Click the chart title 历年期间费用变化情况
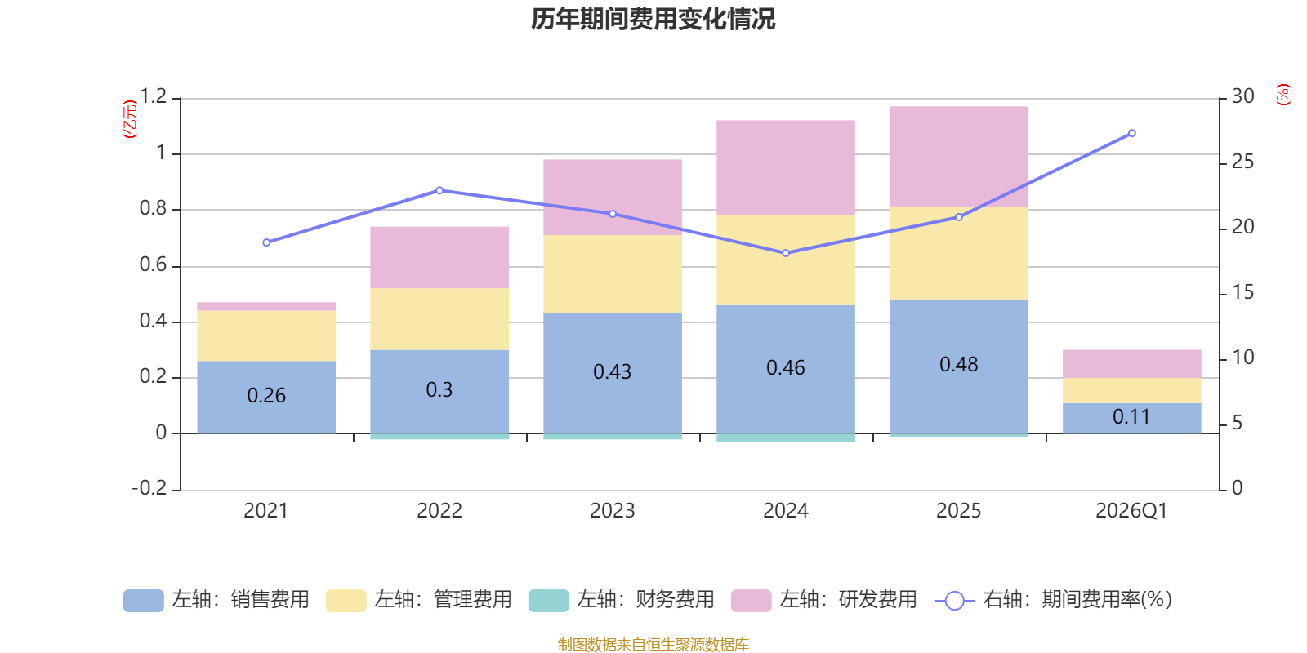[x=653, y=20]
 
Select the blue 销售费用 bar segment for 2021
[x=266, y=397]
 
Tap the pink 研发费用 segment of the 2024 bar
[x=786, y=168]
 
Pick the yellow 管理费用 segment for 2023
[x=613, y=274]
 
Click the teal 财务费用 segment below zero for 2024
[x=786, y=438]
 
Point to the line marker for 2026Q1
[x=1132, y=134]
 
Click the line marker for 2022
[x=440, y=191]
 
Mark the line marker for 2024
[x=786, y=253]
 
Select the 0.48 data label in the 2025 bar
[x=959, y=364]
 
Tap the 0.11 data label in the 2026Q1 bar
[x=1131, y=417]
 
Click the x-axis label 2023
[x=612, y=511]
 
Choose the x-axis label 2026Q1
[x=1131, y=511]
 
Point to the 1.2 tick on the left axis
[x=153, y=96]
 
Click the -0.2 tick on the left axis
[x=149, y=487]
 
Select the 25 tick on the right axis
[x=1242, y=162]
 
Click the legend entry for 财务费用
[x=622, y=600]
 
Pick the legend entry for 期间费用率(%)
[x=1054, y=600]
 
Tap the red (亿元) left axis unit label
[x=130, y=119]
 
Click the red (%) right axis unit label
[x=1282, y=95]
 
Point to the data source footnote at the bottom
[x=653, y=644]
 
